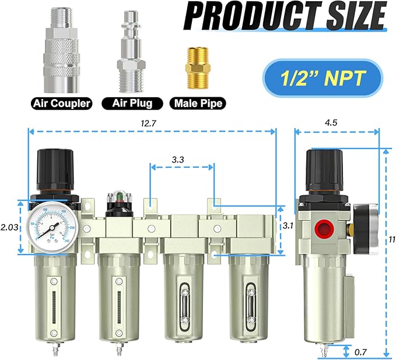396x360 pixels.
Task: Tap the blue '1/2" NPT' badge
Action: click(x=322, y=77)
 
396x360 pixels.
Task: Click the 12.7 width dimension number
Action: click(x=152, y=123)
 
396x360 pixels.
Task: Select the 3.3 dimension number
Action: click(x=182, y=158)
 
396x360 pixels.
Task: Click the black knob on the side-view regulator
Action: click(x=324, y=167)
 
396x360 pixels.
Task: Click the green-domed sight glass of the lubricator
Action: click(x=118, y=199)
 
